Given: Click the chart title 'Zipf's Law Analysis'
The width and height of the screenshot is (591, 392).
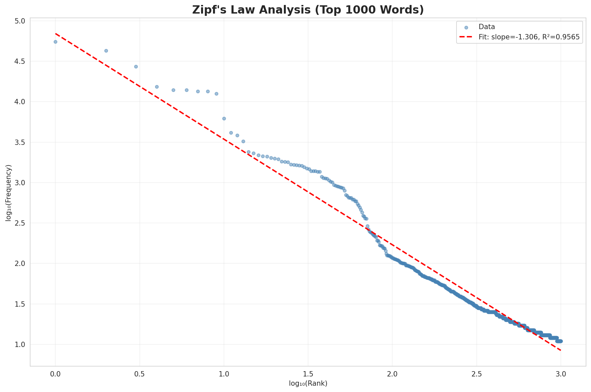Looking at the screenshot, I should tap(308, 10).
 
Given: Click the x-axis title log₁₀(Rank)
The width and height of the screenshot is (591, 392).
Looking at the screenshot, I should tap(308, 384).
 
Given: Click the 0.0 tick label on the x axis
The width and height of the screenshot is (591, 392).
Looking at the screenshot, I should tap(55, 374).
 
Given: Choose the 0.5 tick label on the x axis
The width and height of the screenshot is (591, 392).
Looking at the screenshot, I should tap(139, 374).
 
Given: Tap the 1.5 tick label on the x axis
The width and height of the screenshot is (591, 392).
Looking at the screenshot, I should tap(308, 374).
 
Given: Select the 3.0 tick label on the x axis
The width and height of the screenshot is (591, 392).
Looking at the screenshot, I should tap(561, 374).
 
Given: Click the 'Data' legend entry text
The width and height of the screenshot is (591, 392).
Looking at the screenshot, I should tap(487, 27).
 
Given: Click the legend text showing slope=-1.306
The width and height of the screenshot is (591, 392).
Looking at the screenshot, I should tap(529, 37).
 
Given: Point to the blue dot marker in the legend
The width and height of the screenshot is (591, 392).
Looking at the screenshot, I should tap(466, 27).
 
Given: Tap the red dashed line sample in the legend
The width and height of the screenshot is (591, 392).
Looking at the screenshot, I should tap(466, 37).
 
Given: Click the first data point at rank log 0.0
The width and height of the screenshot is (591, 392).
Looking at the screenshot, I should tap(55, 42).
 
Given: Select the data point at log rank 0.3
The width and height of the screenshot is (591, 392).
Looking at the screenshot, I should tap(106, 51).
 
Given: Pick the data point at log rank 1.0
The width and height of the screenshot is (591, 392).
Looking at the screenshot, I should tap(224, 118).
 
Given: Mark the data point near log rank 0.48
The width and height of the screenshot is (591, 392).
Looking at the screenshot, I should tap(136, 66).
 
